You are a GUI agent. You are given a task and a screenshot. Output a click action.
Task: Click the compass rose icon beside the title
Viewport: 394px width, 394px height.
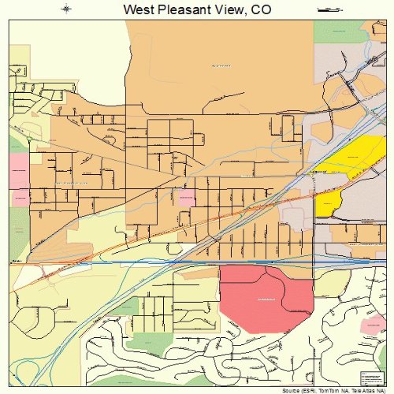point(67,9)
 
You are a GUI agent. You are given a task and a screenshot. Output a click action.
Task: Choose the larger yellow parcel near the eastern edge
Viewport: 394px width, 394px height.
point(355,158)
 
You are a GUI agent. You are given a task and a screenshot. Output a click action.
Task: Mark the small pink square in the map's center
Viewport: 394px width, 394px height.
point(187,198)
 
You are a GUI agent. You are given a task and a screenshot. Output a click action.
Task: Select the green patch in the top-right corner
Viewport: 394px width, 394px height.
point(335,32)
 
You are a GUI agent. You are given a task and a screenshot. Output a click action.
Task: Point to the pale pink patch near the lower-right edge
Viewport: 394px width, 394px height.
point(370,325)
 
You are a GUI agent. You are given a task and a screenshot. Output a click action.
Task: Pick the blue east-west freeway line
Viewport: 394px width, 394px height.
point(197,262)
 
